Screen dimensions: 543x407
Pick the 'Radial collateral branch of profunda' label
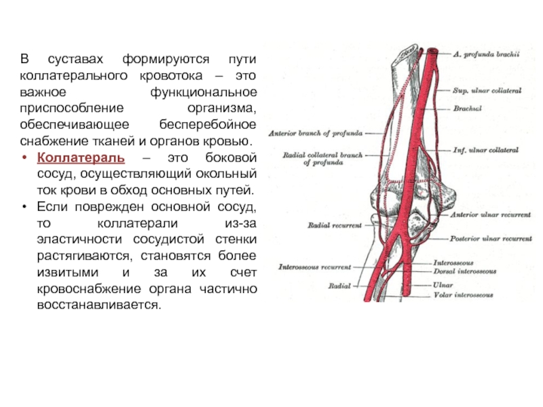pyautogui.click(x=324, y=159)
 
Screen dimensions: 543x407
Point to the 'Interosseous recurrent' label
pyautogui.click(x=316, y=267)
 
